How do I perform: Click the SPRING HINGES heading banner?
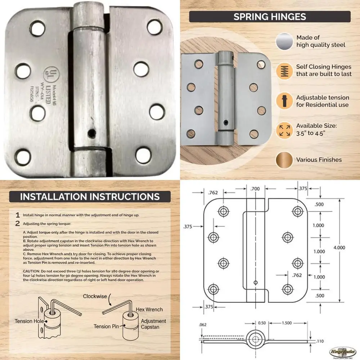click(270, 17)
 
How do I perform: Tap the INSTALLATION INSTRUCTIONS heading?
click(90, 197)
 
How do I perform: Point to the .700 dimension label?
click(255, 189)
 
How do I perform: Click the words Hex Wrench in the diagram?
click(149, 309)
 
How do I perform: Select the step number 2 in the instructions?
click(17, 224)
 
